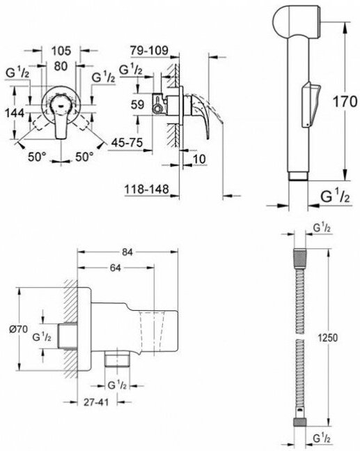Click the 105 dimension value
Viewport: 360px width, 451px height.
(61, 51)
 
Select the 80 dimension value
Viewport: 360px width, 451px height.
(61, 66)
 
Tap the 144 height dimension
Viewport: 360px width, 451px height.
(15, 113)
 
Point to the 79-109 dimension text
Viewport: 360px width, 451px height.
(149, 51)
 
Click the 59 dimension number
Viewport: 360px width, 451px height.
(137, 105)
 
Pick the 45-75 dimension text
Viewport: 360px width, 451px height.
(127, 143)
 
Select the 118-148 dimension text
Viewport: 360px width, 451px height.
(146, 190)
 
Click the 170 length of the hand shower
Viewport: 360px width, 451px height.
(345, 102)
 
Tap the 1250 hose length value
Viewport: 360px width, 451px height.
(327, 337)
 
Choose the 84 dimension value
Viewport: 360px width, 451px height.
(127, 252)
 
